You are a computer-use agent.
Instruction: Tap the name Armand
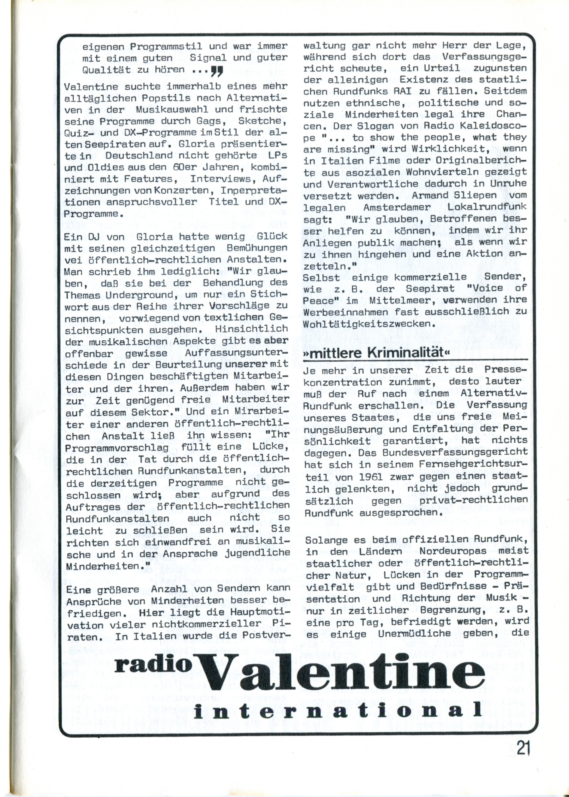click(429, 196)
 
